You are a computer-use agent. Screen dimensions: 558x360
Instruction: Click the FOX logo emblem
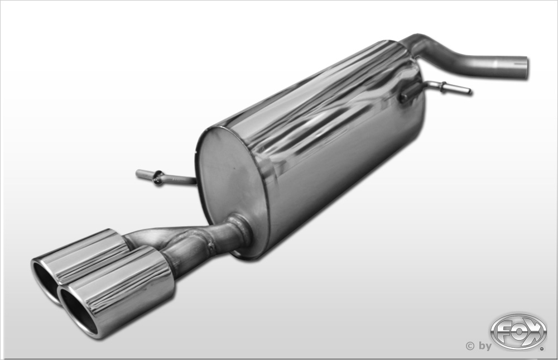click(518, 332)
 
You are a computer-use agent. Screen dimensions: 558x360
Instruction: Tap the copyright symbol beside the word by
click(470, 345)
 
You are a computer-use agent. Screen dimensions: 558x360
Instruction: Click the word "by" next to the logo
click(485, 345)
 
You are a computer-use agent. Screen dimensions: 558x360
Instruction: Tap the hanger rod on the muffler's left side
click(166, 177)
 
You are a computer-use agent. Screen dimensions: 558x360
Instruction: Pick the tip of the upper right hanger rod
click(470, 92)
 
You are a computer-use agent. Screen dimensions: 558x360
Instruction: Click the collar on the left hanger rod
click(158, 177)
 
